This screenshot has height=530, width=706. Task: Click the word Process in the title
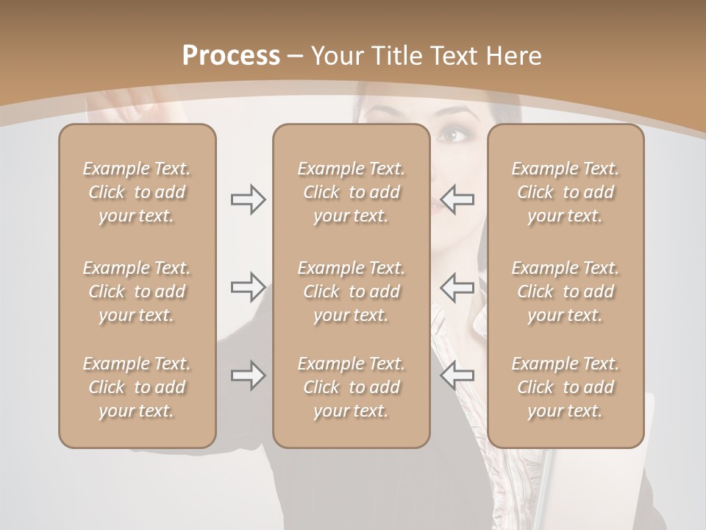pyautogui.click(x=231, y=56)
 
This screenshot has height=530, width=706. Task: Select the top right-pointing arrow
pyautogui.click(x=248, y=199)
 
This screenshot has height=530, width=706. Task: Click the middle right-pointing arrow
pyautogui.click(x=248, y=287)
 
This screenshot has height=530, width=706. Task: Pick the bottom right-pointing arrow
pyautogui.click(x=248, y=375)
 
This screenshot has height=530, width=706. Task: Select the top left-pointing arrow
pyautogui.click(x=457, y=199)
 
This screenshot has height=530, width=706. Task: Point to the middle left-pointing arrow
pyautogui.click(x=457, y=287)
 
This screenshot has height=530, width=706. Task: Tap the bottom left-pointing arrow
pyautogui.click(x=457, y=375)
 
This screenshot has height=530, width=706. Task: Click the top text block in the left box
pyautogui.click(x=137, y=192)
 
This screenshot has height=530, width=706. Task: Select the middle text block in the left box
pyautogui.click(x=137, y=291)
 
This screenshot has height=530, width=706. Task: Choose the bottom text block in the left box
pyautogui.click(x=137, y=387)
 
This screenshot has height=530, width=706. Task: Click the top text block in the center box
pyautogui.click(x=351, y=192)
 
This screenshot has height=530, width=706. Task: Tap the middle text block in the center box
pyautogui.click(x=351, y=291)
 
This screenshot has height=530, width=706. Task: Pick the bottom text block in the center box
pyautogui.click(x=351, y=387)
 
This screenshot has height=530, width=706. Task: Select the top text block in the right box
pyautogui.click(x=565, y=192)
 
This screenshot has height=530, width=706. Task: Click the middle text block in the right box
pyautogui.click(x=565, y=291)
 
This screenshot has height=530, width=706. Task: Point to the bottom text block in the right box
pyautogui.click(x=565, y=387)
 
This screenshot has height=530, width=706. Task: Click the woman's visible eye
pyautogui.click(x=452, y=135)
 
